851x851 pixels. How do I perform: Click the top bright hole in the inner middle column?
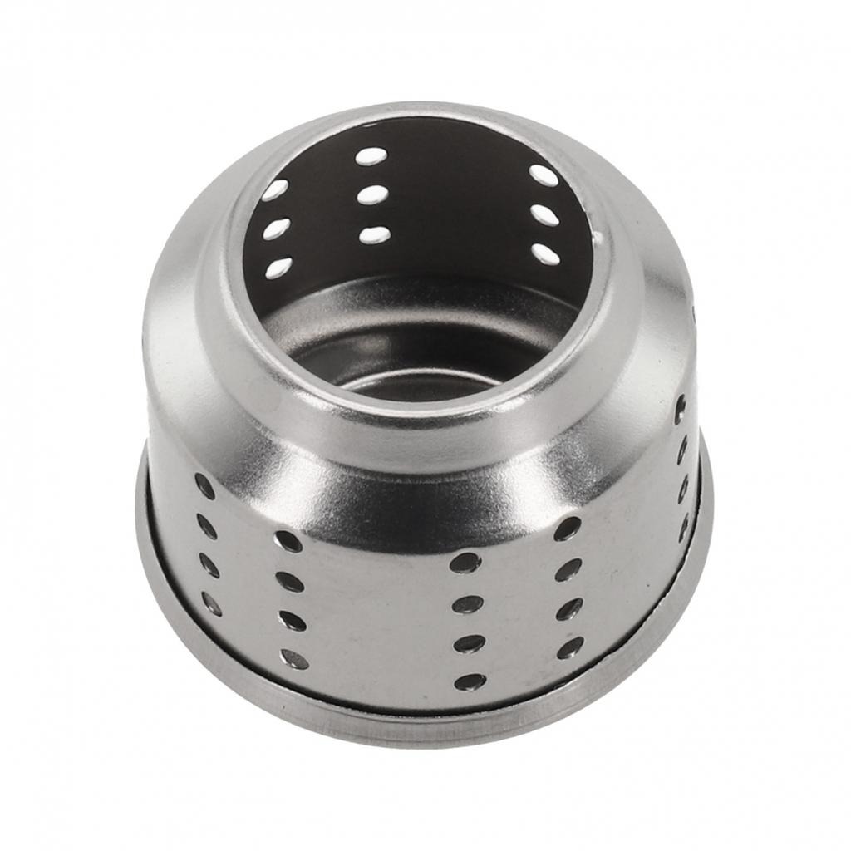coord(371,156)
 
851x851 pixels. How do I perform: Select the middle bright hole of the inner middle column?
coord(374,194)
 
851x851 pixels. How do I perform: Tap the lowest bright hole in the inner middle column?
coord(375,235)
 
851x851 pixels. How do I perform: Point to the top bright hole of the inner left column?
coord(274,189)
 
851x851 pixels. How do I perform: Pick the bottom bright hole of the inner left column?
coord(278,268)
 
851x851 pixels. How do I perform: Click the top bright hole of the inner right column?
coord(544,175)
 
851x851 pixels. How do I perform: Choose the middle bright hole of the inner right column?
coord(545,215)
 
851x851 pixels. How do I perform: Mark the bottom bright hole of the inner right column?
coord(545,254)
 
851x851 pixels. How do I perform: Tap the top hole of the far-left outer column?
coord(204,486)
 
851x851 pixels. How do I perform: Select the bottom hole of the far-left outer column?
coord(212,603)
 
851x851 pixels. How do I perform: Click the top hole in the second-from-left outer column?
coord(288,541)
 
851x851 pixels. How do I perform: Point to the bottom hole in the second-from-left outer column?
coord(294,659)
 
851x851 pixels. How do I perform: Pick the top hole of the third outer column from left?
coord(465,563)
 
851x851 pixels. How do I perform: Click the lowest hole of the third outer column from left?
coord(470,681)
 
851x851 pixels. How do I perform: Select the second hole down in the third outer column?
coord(467,604)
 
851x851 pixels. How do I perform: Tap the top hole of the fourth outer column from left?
coord(568,529)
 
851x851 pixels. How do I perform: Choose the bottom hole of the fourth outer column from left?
coord(570,648)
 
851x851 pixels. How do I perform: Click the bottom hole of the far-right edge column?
coord(684,527)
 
